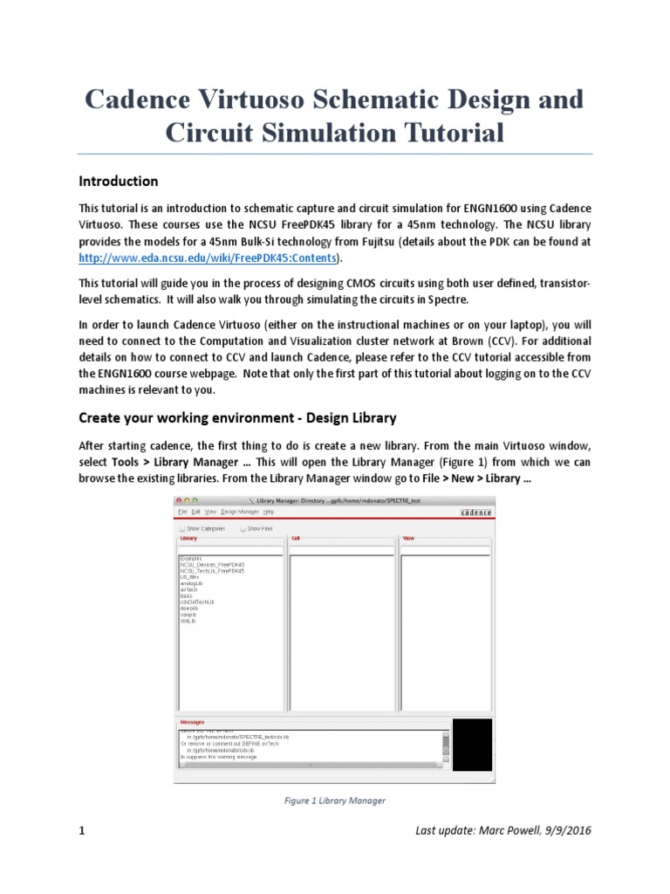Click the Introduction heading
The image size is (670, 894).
click(x=119, y=182)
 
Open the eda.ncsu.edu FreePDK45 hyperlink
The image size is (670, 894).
click(x=208, y=258)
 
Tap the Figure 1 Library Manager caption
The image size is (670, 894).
click(x=335, y=800)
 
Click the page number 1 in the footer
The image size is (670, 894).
click(x=82, y=831)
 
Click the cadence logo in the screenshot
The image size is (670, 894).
click(x=475, y=512)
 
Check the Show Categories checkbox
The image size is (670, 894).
click(x=181, y=528)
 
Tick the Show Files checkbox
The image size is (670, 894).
click(x=243, y=528)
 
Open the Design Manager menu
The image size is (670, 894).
click(x=240, y=512)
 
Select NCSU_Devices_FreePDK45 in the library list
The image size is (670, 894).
click(x=212, y=564)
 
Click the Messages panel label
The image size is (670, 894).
click(x=191, y=722)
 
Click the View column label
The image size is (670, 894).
click(x=407, y=539)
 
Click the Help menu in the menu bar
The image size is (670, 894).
click(x=269, y=512)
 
